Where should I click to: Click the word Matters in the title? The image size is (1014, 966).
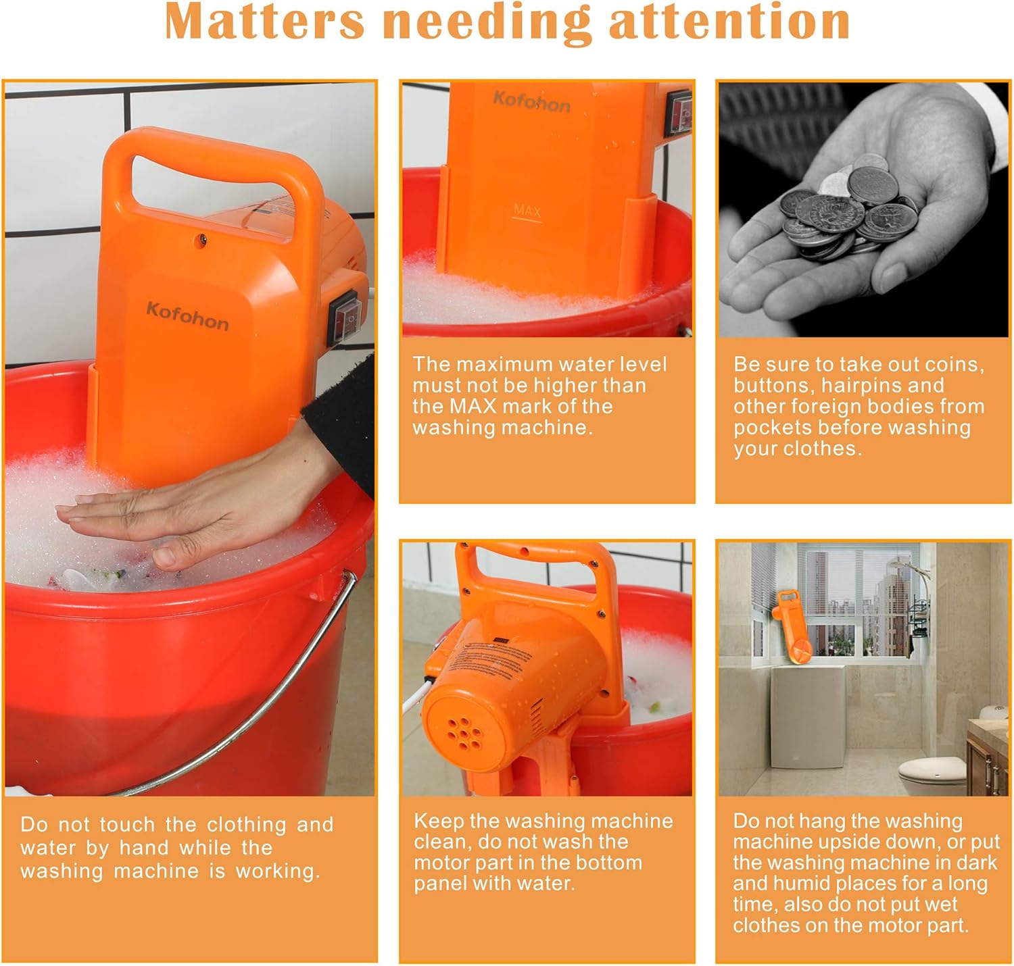pos(264,21)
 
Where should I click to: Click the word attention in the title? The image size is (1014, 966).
pos(729,21)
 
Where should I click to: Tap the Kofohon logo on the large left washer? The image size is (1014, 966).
pos(187,315)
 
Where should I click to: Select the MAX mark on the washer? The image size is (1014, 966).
pos(527,212)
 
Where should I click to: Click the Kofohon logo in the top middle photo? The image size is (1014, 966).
pos(532,101)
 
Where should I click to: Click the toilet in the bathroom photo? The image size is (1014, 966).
pos(932,774)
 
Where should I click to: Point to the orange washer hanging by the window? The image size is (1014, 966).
pos(792,626)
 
